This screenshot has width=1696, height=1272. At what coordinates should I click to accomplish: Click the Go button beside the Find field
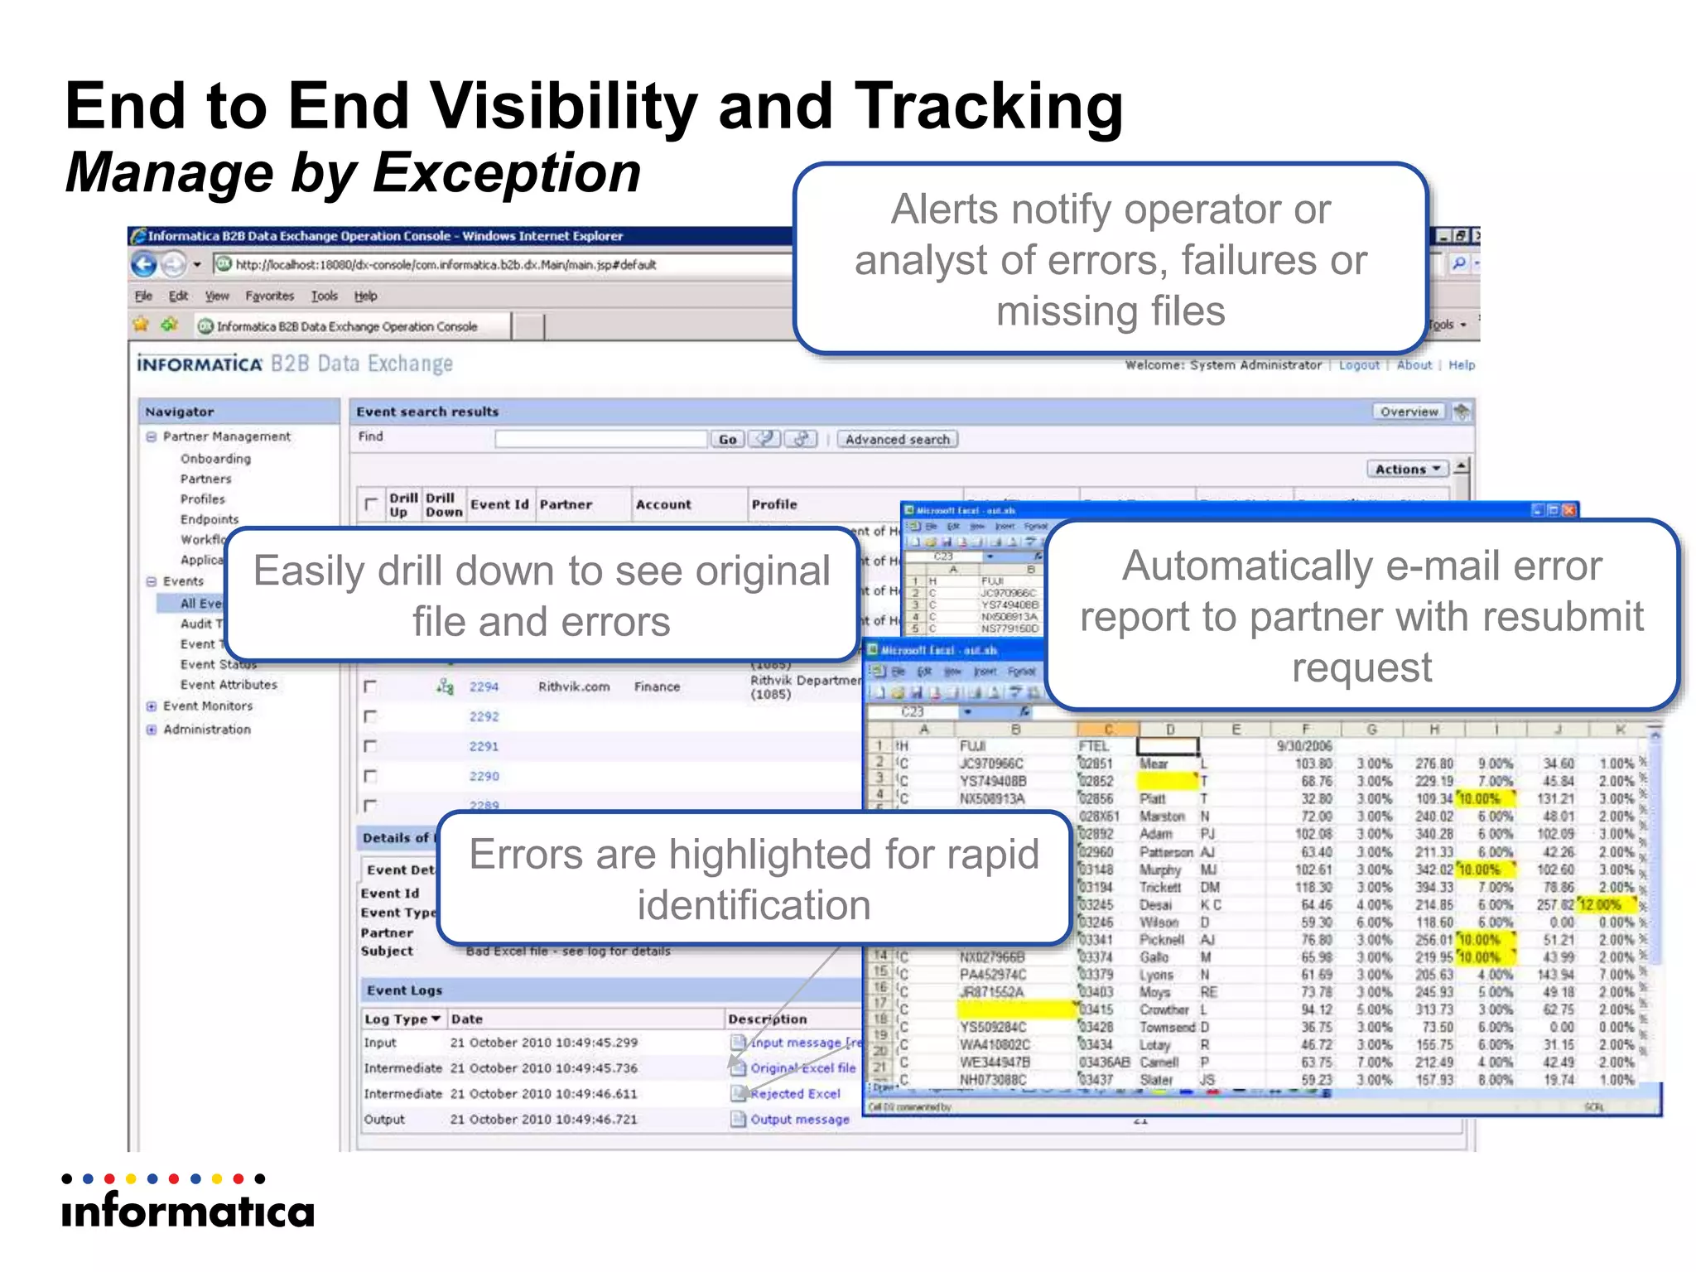coord(727,439)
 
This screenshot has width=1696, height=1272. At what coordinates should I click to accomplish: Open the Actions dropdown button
coord(1407,469)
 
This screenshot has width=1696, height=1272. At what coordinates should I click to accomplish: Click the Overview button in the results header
coord(1409,412)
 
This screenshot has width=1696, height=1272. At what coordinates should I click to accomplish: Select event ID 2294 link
coord(484,687)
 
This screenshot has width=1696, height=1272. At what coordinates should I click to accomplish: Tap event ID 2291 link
coord(484,746)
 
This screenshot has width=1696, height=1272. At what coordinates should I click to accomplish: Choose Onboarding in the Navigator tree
coord(215,459)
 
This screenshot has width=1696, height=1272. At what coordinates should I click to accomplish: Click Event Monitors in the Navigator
coord(208,706)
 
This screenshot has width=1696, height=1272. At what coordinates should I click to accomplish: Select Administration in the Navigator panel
coord(207,729)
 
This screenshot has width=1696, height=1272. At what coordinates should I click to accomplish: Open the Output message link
coord(800,1119)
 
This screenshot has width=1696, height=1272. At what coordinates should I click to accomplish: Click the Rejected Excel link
coord(795,1093)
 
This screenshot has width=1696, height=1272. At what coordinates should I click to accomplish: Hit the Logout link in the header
coord(1359,365)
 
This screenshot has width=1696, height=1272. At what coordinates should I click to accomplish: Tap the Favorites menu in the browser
coord(269,296)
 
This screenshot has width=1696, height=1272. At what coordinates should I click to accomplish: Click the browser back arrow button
coord(144,265)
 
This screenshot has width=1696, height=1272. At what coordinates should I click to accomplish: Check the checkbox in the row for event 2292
coord(370,716)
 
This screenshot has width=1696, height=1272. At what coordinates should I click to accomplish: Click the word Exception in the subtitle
coord(507,173)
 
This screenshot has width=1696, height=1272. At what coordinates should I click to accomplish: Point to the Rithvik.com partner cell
coord(574,687)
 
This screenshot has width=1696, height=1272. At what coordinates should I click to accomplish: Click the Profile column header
coord(774,504)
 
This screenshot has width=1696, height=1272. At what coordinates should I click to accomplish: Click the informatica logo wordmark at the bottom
coord(188,1212)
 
